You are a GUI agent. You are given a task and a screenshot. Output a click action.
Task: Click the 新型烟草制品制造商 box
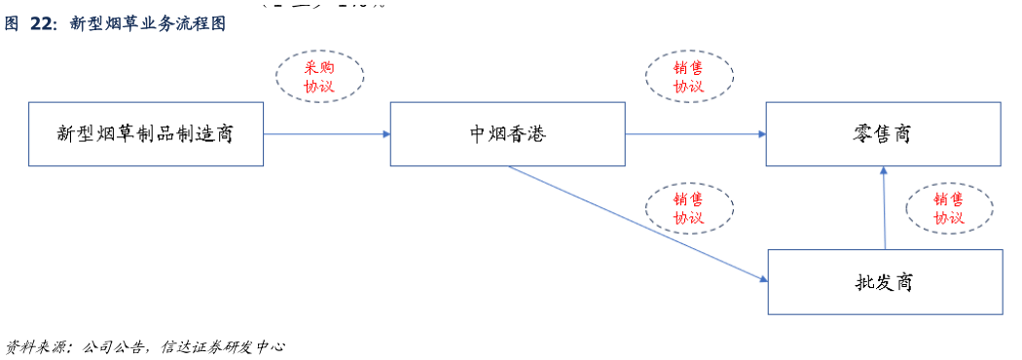[x=145, y=133]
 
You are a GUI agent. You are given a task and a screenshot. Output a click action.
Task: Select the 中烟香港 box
[x=506, y=133]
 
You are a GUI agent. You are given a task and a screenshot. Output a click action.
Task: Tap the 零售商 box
[x=883, y=133]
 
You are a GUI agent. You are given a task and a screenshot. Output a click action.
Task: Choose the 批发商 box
[x=885, y=282]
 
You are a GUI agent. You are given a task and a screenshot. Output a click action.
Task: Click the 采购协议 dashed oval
[x=319, y=76]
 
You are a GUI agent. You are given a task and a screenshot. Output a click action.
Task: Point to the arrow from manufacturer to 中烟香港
[x=326, y=133]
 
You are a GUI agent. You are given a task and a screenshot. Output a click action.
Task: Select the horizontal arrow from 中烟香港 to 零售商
[x=694, y=134]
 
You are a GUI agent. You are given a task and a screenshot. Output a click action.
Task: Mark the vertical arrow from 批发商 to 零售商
[x=885, y=209]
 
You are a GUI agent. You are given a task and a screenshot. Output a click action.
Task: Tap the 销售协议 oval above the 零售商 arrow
[x=689, y=76]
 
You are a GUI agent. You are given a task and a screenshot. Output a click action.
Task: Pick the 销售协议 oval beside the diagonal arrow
[x=689, y=207]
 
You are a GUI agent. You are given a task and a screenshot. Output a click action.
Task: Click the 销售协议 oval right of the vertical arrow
[x=949, y=208]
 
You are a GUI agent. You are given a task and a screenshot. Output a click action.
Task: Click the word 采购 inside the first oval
[x=319, y=67]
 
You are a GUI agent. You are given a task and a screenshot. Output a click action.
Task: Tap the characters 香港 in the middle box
[x=527, y=133]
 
